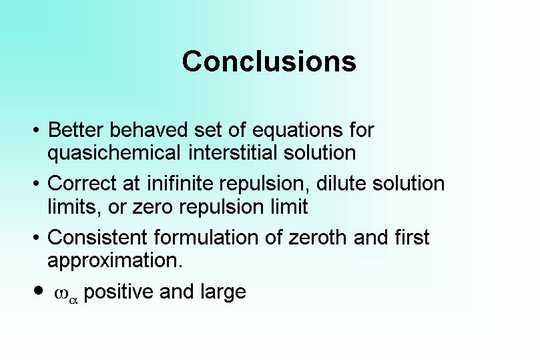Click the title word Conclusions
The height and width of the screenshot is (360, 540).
point(269,61)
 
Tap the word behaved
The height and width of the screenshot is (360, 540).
point(148,130)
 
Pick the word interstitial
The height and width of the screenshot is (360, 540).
point(232,152)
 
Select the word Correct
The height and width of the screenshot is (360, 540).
point(81,183)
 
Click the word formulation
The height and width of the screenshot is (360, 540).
point(206,237)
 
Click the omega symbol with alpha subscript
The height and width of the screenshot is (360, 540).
point(66,295)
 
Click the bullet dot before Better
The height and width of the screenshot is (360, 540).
point(36,130)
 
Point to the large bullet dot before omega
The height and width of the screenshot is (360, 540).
point(39,291)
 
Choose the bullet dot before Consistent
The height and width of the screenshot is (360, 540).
point(36,238)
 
